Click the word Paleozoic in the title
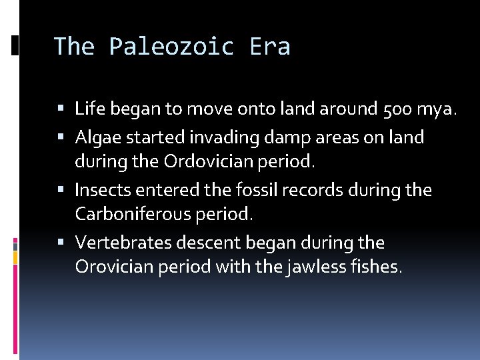click(172, 47)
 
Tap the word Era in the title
click(269, 47)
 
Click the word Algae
click(97, 138)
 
